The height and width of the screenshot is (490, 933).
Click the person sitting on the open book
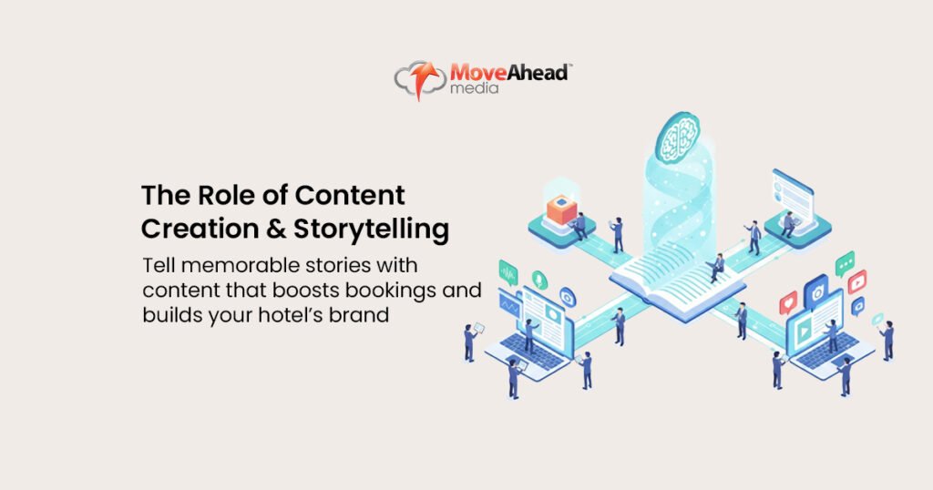coord(717,265)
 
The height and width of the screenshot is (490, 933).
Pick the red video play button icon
coord(856,282)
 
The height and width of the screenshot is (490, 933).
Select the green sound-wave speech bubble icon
coord(508,271)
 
